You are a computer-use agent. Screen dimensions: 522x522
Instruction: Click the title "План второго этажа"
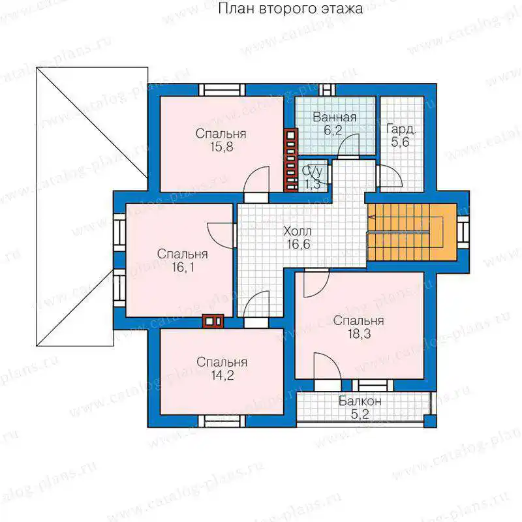[x=290, y=8]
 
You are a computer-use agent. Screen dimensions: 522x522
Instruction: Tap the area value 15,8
[x=221, y=147]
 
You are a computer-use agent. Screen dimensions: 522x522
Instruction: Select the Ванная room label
[x=335, y=117]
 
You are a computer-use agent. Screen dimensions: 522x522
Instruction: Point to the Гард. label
[x=401, y=129]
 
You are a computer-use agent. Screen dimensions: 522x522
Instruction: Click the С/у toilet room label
[x=313, y=172]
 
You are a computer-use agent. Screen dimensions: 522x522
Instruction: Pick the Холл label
[x=298, y=231]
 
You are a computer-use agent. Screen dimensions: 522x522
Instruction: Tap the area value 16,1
[x=183, y=267]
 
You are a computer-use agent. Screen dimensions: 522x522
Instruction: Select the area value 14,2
[x=223, y=375]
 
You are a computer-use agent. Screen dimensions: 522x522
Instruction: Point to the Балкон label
[x=360, y=401]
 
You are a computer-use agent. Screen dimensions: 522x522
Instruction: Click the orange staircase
[x=412, y=232]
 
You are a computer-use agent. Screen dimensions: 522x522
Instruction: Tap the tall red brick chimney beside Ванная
[x=290, y=160]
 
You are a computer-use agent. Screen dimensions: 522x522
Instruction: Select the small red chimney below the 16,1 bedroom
[x=213, y=322]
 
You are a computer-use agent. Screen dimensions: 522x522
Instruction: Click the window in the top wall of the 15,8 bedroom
[x=222, y=90]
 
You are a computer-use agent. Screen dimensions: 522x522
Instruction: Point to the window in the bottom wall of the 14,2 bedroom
[x=222, y=421]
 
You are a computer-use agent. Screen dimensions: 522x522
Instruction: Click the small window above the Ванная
[x=328, y=90]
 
